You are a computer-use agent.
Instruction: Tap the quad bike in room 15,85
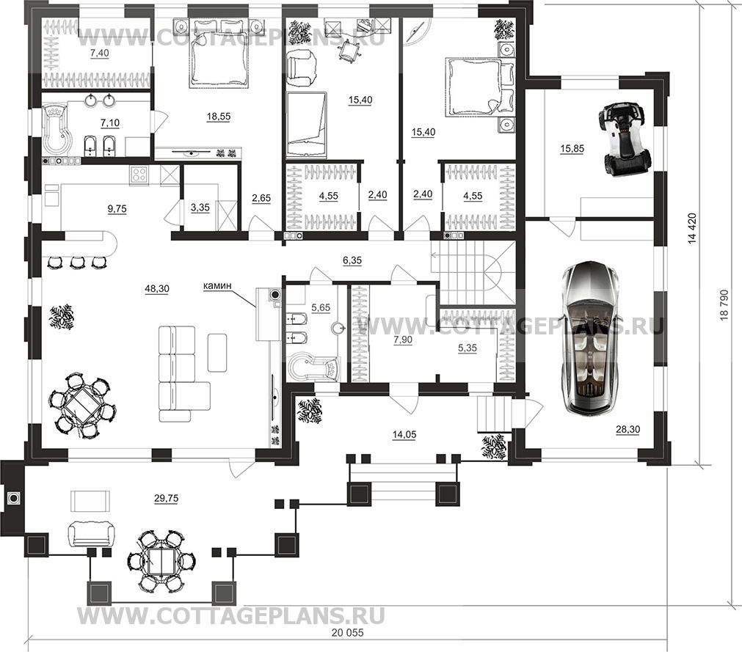[622, 139]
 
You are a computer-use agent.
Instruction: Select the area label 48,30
[157, 289]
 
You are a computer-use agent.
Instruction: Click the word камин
[218, 285]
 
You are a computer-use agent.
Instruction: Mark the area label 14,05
[404, 434]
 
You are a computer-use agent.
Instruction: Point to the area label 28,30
[628, 429]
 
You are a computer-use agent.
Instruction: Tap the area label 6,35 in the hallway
[352, 260]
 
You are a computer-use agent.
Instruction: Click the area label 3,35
[200, 207]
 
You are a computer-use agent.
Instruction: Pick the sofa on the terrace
[91, 533]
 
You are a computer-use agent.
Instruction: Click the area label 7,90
[403, 340]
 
